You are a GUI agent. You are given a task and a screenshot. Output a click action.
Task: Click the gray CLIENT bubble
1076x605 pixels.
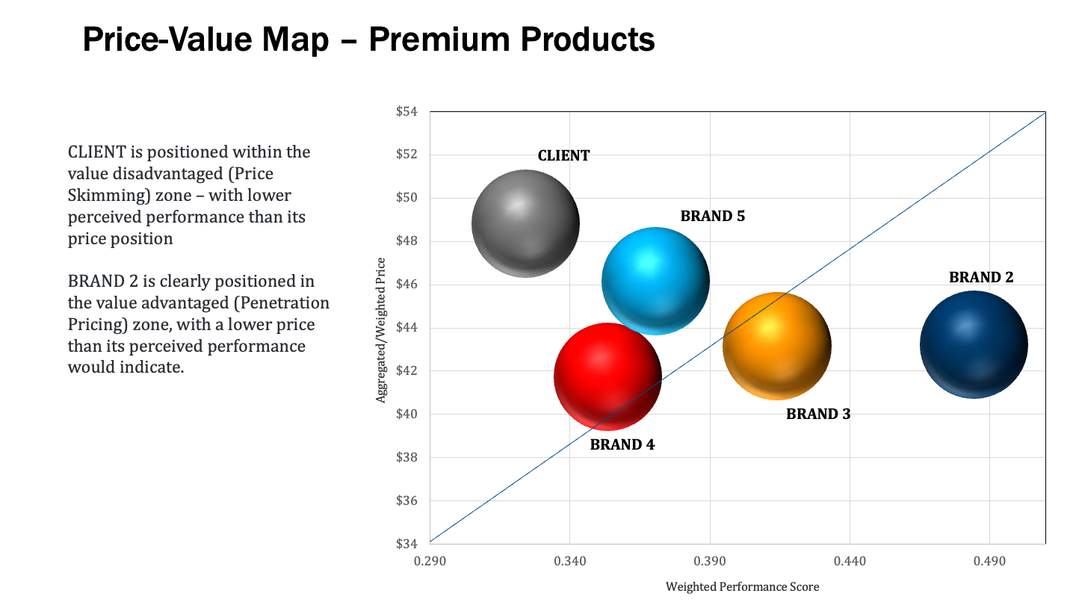[525, 223]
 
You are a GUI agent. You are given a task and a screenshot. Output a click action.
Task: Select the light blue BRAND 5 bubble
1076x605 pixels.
[655, 281]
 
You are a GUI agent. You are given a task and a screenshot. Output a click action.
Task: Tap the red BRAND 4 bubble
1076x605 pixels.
[607, 376]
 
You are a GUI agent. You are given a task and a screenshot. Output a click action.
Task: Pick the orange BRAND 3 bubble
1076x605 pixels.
[777, 345]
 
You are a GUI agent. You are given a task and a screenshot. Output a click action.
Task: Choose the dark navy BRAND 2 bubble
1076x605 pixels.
[974, 344]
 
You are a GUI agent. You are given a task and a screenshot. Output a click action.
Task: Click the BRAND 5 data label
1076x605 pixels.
[712, 217]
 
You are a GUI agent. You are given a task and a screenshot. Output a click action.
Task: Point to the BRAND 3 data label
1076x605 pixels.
[818, 414]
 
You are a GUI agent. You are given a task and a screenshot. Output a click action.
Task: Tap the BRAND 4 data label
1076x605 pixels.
[622, 444]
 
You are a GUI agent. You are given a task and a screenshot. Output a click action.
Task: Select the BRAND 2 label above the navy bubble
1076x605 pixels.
[981, 277]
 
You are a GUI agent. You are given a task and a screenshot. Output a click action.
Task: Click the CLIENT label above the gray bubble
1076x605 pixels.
[563, 156]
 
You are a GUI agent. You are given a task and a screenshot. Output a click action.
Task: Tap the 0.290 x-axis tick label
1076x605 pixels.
[430, 560]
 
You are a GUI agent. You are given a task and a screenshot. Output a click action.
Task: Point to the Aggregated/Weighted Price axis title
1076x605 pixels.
[381, 329]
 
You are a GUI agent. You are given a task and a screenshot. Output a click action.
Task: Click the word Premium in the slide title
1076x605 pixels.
[438, 40]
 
